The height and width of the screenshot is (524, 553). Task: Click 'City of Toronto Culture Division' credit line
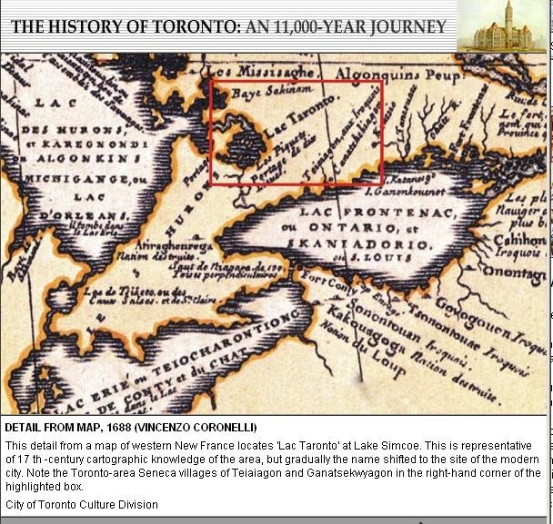point(82,504)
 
